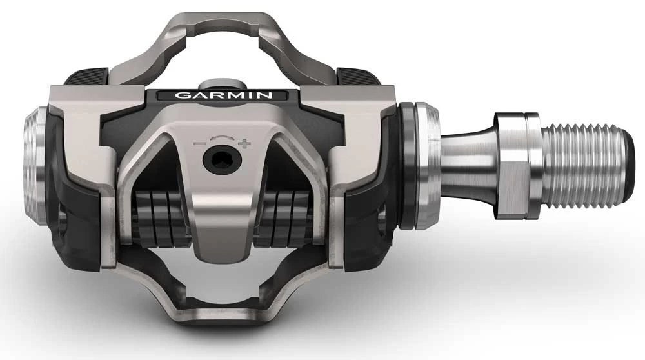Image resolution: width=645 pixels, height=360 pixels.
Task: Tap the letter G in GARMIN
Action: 182,95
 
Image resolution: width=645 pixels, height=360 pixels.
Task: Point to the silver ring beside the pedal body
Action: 426,166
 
